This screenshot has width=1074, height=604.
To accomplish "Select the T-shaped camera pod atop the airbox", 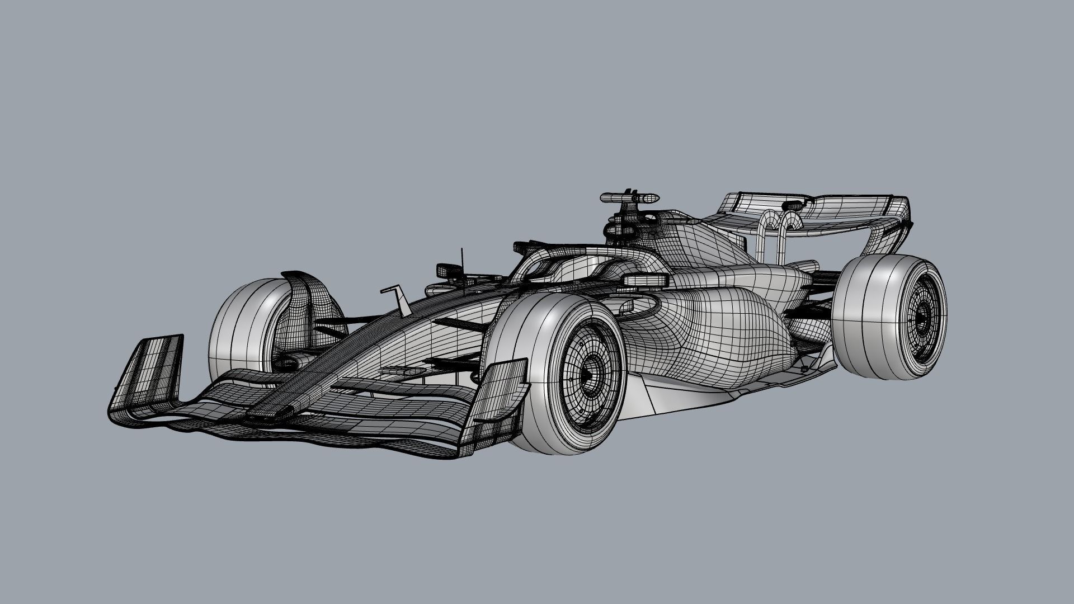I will coord(629,198).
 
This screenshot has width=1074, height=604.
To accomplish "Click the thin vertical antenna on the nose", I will coord(463,268).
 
